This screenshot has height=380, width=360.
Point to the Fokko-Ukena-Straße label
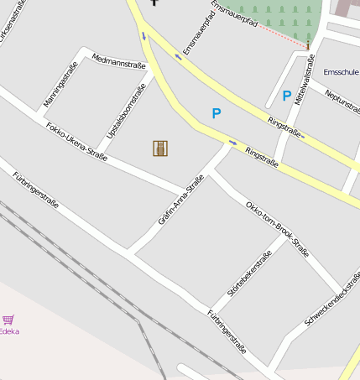point(76,143)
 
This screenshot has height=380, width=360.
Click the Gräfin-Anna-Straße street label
point(180,200)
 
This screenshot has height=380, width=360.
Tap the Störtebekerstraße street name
point(250,273)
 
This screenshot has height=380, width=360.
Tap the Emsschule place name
point(341,72)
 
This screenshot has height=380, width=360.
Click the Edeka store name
point(9,331)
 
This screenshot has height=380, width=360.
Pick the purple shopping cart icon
point(8,320)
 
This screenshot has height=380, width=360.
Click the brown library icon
point(160,148)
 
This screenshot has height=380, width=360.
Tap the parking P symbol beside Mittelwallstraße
point(287,96)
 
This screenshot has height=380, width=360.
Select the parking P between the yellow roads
point(217,113)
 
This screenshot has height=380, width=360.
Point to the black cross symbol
point(154,3)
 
